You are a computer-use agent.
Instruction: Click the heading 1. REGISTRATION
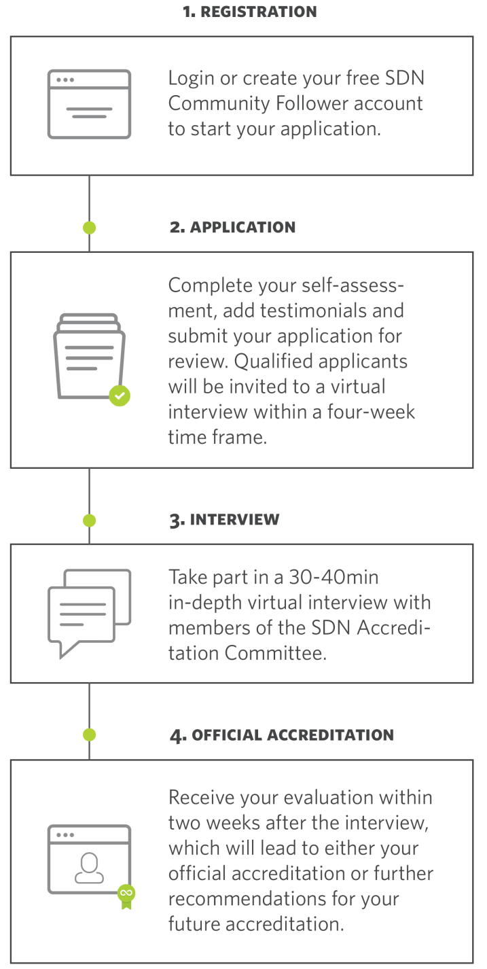click(x=249, y=12)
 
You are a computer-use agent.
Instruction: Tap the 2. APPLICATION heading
click(x=232, y=227)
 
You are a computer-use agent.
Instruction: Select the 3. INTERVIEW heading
click(x=224, y=520)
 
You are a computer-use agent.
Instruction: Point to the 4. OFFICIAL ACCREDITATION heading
click(x=282, y=735)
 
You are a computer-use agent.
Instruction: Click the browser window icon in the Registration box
click(x=89, y=104)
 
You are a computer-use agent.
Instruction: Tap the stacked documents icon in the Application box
click(x=90, y=355)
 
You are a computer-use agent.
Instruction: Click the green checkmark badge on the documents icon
click(x=120, y=395)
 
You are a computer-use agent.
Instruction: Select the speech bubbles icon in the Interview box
click(x=89, y=614)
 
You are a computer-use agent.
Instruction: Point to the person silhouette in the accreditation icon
click(x=89, y=868)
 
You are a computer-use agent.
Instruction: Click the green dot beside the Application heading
click(x=89, y=228)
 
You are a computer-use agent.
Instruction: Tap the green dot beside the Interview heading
click(x=89, y=521)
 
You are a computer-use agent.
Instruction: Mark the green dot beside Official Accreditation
click(x=89, y=735)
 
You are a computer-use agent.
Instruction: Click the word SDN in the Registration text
click(x=405, y=78)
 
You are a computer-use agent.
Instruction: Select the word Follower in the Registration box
click(x=312, y=103)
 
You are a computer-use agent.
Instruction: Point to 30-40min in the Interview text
click(x=333, y=577)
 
